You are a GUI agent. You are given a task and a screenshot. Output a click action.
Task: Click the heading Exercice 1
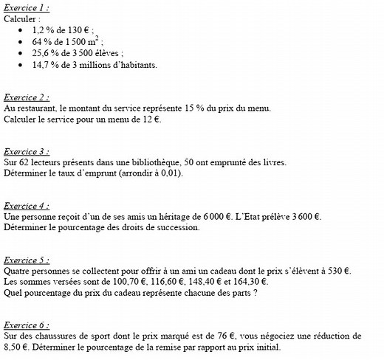click(x=27, y=7)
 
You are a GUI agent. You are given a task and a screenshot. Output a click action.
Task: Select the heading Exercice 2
click(x=27, y=97)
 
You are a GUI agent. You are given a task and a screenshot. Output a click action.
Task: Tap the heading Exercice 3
click(x=27, y=151)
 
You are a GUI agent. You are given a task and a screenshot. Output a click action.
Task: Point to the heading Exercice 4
click(x=27, y=206)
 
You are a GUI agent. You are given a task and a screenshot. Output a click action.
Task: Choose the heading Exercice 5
click(x=27, y=260)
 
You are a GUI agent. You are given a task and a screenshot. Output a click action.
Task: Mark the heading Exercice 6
click(x=27, y=325)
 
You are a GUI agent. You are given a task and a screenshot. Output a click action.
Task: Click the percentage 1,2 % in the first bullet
click(x=44, y=30)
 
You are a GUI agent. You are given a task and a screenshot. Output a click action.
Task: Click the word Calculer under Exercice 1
click(x=21, y=19)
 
